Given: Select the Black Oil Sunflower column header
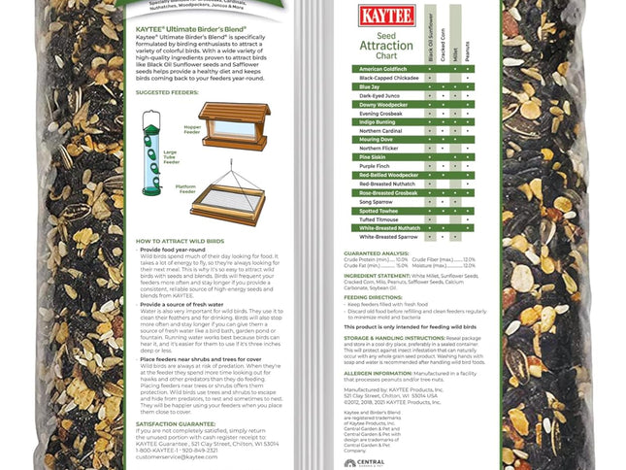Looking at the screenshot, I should pyautogui.click(x=432, y=39).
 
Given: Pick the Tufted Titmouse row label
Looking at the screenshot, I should pyautogui.click(x=379, y=218).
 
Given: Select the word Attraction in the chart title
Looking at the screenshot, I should pyautogui.click(x=386, y=46).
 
